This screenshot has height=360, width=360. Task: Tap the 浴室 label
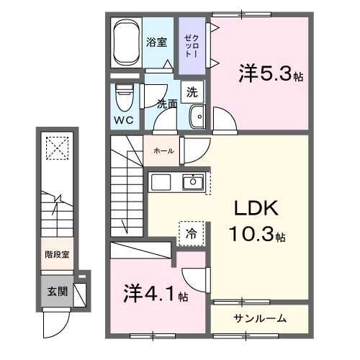coord(158,42)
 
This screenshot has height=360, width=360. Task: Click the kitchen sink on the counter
coord(192,181)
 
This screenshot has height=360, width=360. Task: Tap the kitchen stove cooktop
coord(161,181)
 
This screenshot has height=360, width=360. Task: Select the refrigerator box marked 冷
coord(192,233)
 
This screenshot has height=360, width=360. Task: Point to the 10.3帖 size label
coord(258,235)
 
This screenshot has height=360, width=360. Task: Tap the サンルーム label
coord(260,318)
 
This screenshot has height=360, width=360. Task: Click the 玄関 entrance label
coord(58,292)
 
